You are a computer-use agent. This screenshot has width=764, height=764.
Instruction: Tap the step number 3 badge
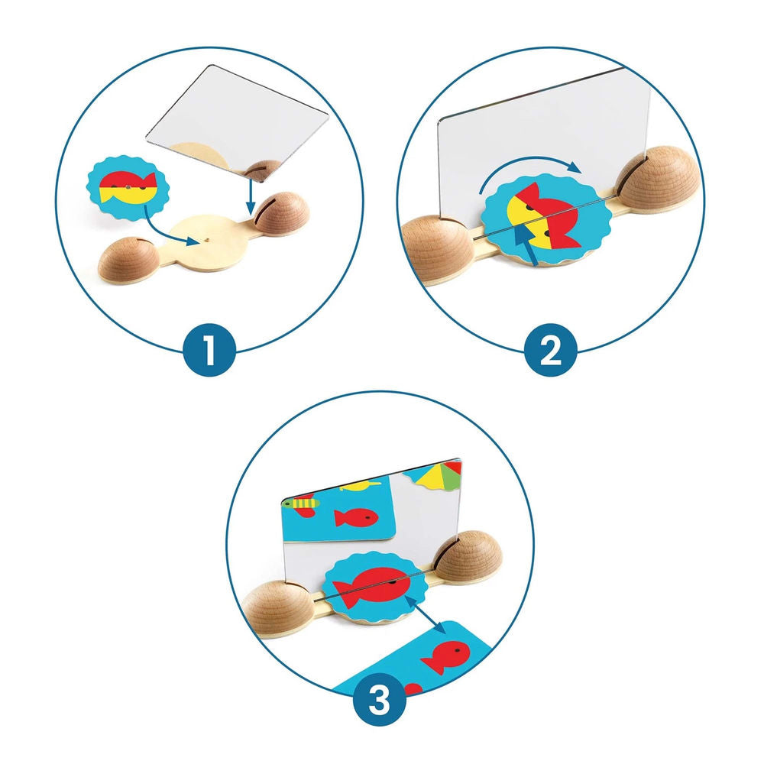tap(380, 700)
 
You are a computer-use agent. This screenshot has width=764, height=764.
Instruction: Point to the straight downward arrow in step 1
tap(250, 197)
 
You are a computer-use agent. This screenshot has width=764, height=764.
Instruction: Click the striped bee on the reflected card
tap(302, 503)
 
